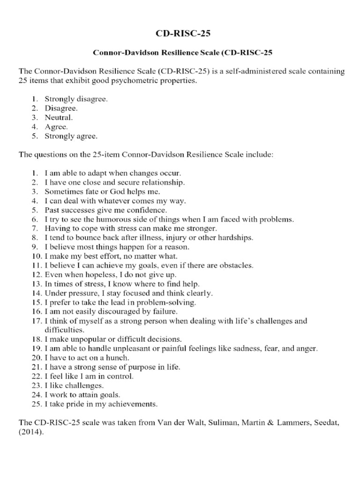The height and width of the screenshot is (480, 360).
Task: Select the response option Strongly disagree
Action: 76,99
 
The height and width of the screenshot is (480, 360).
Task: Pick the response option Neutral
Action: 59,118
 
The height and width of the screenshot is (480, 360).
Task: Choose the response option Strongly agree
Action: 71,136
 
